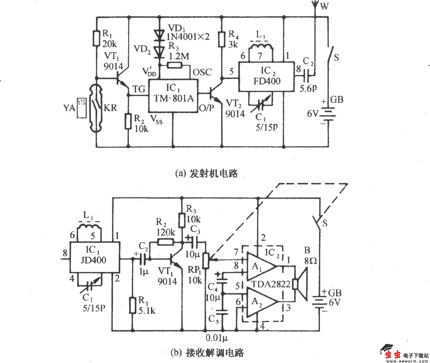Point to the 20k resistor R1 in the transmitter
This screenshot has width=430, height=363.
pos(96,38)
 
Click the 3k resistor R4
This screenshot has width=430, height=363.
pos(222,39)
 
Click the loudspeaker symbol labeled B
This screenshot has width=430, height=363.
pos(301,284)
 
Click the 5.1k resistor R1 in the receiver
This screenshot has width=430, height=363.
pos(132,305)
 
